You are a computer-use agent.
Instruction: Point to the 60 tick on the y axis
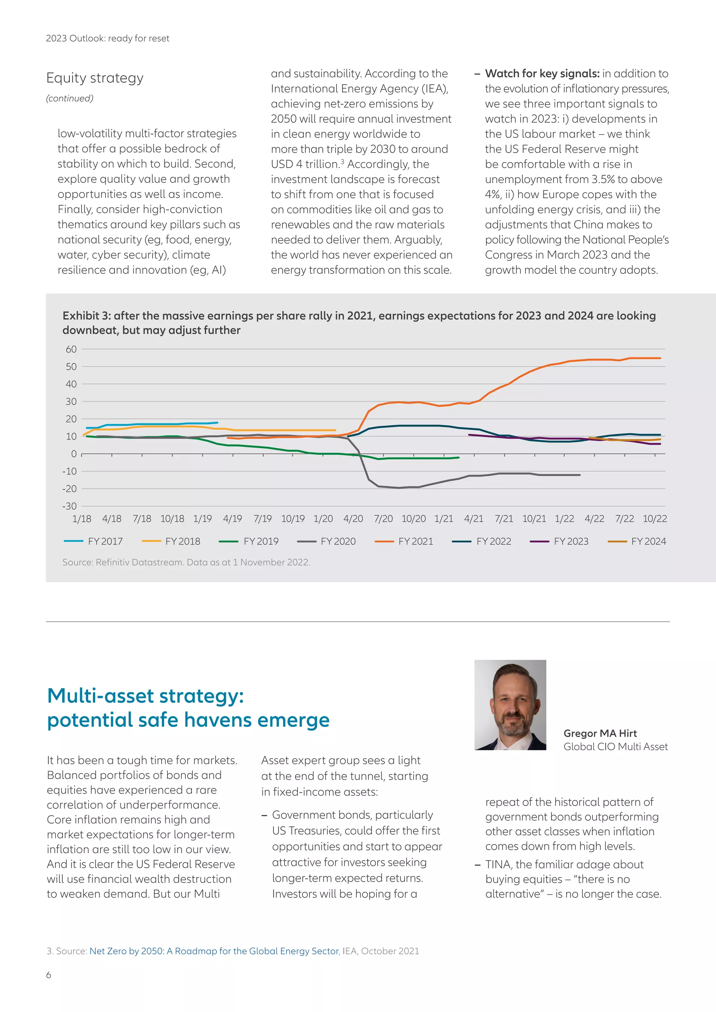[x=71, y=349]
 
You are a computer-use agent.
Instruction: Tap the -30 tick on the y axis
[x=69, y=506]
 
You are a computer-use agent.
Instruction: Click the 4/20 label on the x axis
[x=353, y=519]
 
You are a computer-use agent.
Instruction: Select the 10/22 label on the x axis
[x=655, y=519]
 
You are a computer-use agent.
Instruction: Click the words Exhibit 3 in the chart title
[x=86, y=316]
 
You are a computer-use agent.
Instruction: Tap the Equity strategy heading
[x=95, y=78]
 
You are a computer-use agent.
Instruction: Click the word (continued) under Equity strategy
[x=70, y=98]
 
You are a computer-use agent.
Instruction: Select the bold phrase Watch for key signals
[x=542, y=74]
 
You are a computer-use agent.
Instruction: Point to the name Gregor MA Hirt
[x=600, y=733]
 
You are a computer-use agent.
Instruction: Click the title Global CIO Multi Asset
[x=615, y=746]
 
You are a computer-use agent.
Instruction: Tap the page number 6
[x=49, y=975]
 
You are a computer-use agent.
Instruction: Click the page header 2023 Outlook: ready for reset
[x=108, y=38]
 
